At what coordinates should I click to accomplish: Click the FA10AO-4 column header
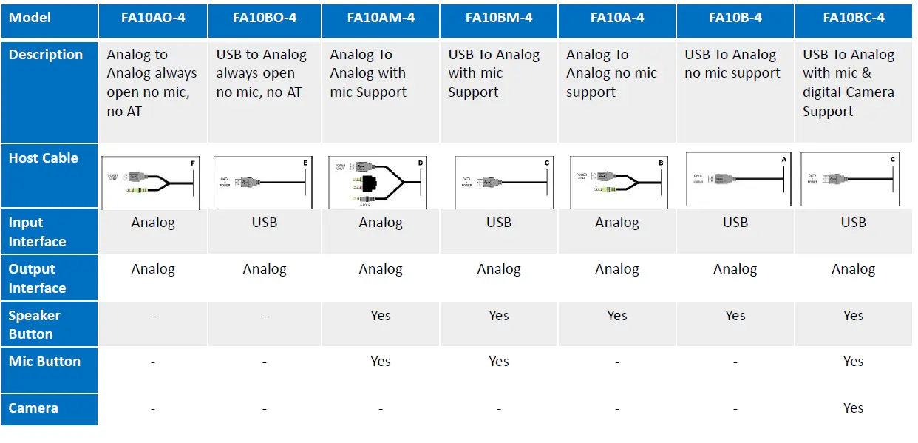(153, 18)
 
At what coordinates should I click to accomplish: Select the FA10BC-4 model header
(854, 18)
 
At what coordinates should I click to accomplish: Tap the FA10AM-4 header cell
(381, 18)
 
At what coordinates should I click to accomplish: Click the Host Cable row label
(44, 158)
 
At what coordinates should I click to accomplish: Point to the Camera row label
(33, 408)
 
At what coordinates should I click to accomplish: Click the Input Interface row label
(37, 231)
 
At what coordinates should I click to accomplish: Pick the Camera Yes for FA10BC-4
(853, 408)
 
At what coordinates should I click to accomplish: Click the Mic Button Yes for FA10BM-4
(499, 362)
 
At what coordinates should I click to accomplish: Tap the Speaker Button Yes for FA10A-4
(617, 316)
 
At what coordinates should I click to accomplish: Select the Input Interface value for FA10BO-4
(265, 223)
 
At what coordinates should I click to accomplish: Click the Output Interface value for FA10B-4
(735, 269)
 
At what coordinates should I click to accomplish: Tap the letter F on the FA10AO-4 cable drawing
(193, 161)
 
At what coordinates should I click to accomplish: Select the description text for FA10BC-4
(849, 83)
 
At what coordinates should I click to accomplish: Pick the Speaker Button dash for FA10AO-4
(153, 317)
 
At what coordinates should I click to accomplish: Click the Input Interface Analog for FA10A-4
(617, 223)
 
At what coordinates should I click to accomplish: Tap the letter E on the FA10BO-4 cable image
(305, 161)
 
